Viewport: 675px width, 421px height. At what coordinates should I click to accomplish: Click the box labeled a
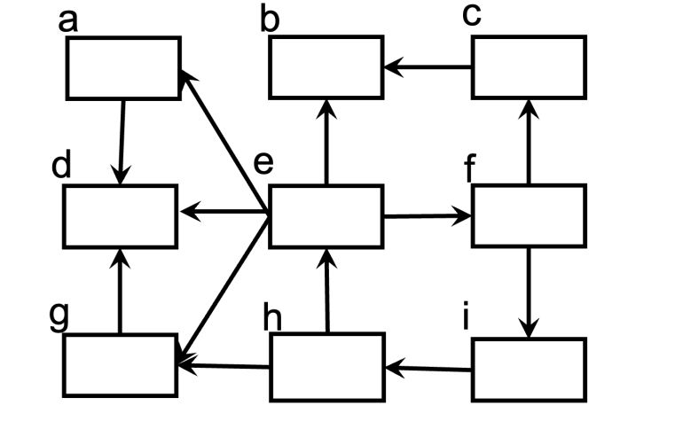(x=124, y=67)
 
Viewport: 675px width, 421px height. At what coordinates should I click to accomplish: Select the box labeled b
(x=326, y=67)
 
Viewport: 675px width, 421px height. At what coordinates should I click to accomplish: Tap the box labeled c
(x=529, y=67)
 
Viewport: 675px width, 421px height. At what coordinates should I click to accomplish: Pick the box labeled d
(x=120, y=216)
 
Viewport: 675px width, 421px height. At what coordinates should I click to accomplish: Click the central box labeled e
(x=326, y=216)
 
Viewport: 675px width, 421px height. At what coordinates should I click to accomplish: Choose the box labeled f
(x=529, y=215)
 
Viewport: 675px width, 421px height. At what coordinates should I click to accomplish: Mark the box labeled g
(x=120, y=365)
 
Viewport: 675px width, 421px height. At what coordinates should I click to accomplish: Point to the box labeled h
(x=326, y=365)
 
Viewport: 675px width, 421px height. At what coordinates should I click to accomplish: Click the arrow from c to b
(x=428, y=66)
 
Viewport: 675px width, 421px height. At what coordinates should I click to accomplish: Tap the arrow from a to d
(x=122, y=142)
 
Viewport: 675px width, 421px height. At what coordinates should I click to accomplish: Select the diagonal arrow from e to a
(x=224, y=142)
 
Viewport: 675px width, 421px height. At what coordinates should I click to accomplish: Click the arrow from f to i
(x=530, y=292)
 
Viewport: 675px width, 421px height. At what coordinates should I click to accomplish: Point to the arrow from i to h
(x=428, y=366)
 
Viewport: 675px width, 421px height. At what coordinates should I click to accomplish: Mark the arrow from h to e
(x=327, y=291)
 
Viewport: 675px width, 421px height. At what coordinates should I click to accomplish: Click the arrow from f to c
(x=529, y=142)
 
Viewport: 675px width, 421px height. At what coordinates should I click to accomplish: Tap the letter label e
(x=264, y=164)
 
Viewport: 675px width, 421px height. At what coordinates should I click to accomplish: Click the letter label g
(x=59, y=317)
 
